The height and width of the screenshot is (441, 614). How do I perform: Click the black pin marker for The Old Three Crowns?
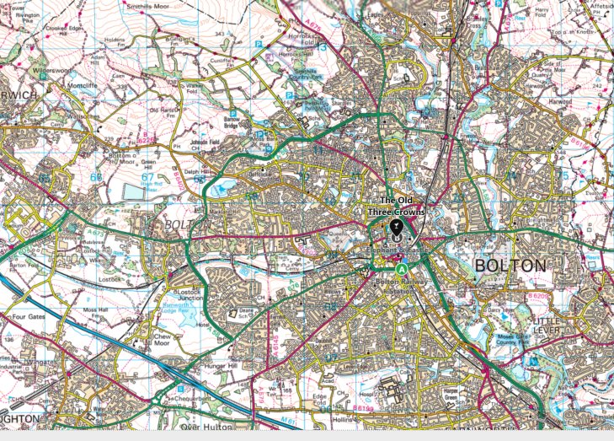pos(397,229)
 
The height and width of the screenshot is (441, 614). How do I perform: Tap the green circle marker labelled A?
pos(403,269)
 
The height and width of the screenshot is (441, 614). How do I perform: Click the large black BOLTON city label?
pos(510,265)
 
